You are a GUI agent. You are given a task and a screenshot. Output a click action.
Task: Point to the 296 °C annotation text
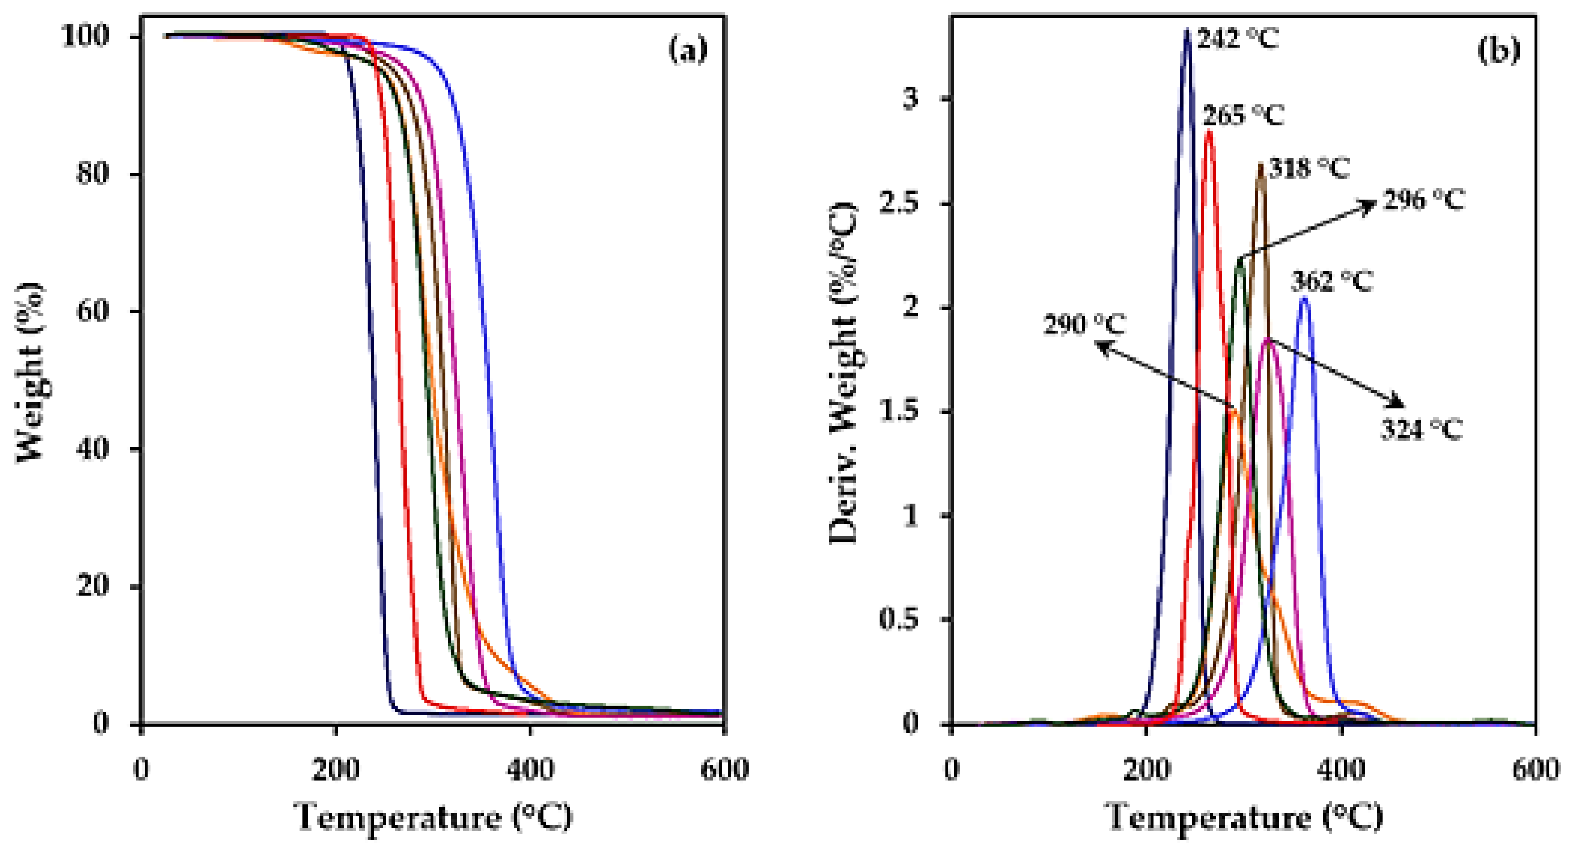pyautogui.click(x=1423, y=200)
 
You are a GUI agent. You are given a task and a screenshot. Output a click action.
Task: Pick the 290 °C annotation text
pyautogui.click(x=1084, y=324)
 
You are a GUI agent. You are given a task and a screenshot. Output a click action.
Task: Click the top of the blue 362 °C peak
pyautogui.click(x=1304, y=300)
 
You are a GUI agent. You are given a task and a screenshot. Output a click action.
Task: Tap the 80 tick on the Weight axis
pyautogui.click(x=93, y=173)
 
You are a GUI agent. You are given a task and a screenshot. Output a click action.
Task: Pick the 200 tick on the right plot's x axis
pyautogui.click(x=1146, y=769)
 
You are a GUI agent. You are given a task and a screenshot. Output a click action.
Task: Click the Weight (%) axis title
pyautogui.click(x=31, y=373)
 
